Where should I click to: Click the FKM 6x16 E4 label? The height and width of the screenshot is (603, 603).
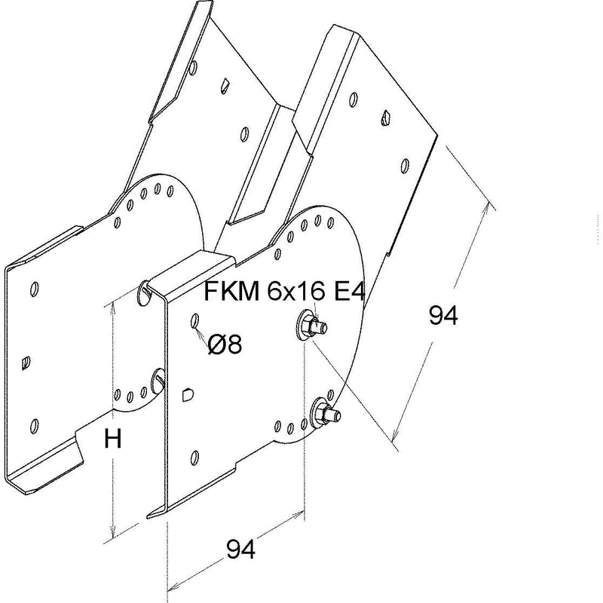pyautogui.click(x=284, y=291)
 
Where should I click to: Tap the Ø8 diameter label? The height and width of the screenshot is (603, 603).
pyautogui.click(x=225, y=344)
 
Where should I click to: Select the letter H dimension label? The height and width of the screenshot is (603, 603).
pyautogui.click(x=112, y=439)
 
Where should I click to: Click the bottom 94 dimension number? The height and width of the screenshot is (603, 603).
pyautogui.click(x=240, y=549)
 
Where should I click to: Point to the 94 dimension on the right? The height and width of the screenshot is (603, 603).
pyautogui.click(x=443, y=316)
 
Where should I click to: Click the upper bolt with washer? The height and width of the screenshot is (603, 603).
pyautogui.click(x=311, y=326)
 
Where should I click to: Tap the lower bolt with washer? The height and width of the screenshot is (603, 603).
pyautogui.click(x=326, y=412)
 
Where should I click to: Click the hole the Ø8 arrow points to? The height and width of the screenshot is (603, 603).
pyautogui.click(x=195, y=321)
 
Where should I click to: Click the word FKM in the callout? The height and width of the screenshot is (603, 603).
pyautogui.click(x=231, y=291)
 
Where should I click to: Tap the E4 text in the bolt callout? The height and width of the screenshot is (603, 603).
pyautogui.click(x=348, y=291)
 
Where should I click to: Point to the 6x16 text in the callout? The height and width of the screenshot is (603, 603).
pyautogui.click(x=295, y=291)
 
